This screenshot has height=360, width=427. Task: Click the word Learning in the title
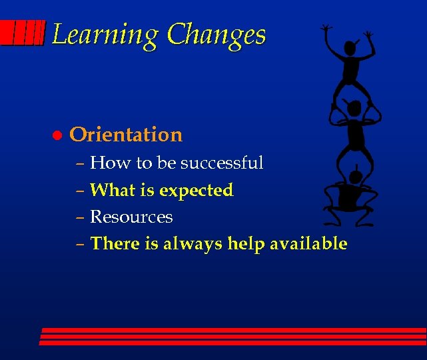[x=105, y=35]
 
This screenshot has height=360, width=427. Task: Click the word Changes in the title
[x=216, y=35]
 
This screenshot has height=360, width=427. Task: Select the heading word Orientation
[x=126, y=135]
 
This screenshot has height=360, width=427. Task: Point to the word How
[x=103, y=163]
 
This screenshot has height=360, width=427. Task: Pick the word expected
[x=197, y=191]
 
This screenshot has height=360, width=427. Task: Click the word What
[x=112, y=190]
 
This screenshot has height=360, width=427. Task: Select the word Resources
[x=131, y=217]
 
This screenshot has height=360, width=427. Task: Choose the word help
[x=246, y=244]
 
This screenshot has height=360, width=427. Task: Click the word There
[x=115, y=244]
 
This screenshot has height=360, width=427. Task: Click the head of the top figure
[x=349, y=49]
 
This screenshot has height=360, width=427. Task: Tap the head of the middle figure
[x=354, y=109]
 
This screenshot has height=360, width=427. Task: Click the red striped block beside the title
[x=23, y=33]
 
